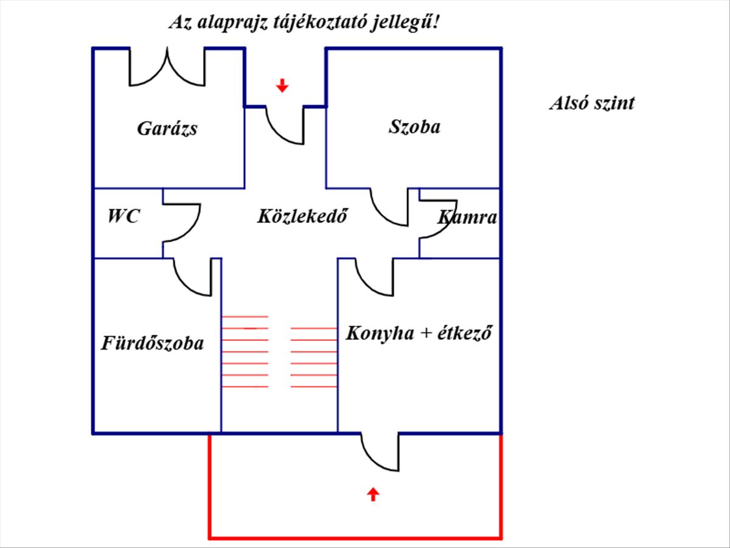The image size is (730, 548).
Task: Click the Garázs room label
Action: pos(167,128)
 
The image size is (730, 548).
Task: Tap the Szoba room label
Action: pos(415,127)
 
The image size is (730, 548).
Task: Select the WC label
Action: pos(123,216)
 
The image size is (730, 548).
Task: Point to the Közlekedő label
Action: pos(302,216)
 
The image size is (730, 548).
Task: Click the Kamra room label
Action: pos(467,217)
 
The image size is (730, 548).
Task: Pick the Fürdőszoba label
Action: pos(152,343)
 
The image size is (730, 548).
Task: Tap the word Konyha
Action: pos(380,333)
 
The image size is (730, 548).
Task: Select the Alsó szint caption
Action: pos(592,103)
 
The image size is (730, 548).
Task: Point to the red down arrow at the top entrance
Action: pos(282,85)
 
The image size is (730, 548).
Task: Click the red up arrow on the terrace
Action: pos(373,494)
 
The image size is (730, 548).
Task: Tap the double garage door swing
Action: pos(167,66)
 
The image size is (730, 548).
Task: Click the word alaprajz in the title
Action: pos(232,23)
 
